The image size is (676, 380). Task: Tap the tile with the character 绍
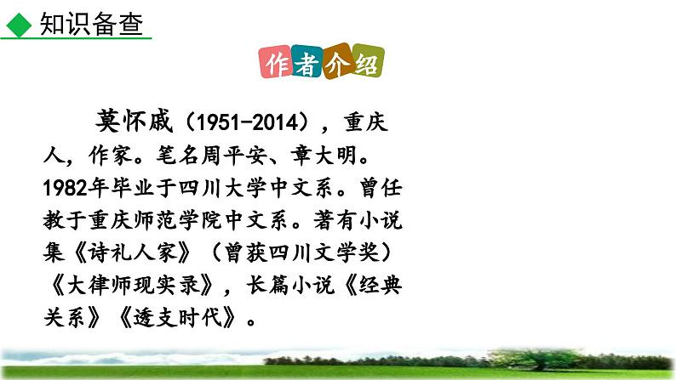369,65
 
